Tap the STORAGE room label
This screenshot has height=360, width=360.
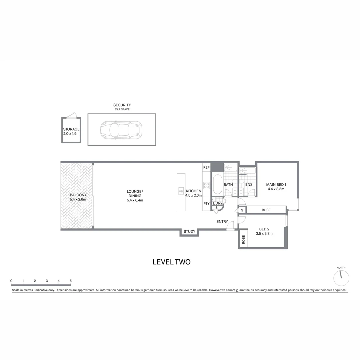71,129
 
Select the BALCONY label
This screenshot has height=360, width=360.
78,195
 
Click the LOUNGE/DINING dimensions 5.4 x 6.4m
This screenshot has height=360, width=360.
135,200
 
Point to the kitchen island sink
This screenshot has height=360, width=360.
181,191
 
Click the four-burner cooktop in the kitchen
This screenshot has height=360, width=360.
206,185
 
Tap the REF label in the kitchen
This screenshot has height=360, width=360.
206,167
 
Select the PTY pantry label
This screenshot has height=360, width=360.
206,203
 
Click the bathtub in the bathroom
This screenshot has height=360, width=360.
217,184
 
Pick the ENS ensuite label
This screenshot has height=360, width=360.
249,185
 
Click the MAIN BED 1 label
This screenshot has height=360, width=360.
276,184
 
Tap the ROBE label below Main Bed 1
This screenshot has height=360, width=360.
266,210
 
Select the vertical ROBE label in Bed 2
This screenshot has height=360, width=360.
243,239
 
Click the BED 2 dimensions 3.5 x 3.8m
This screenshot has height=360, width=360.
264,234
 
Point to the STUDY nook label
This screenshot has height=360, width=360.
189,231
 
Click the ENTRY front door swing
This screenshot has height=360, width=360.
230,226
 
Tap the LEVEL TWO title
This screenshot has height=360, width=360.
171,262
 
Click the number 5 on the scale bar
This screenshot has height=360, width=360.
70,281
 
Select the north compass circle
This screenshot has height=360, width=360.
341,278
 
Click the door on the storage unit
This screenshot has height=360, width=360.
71,116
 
